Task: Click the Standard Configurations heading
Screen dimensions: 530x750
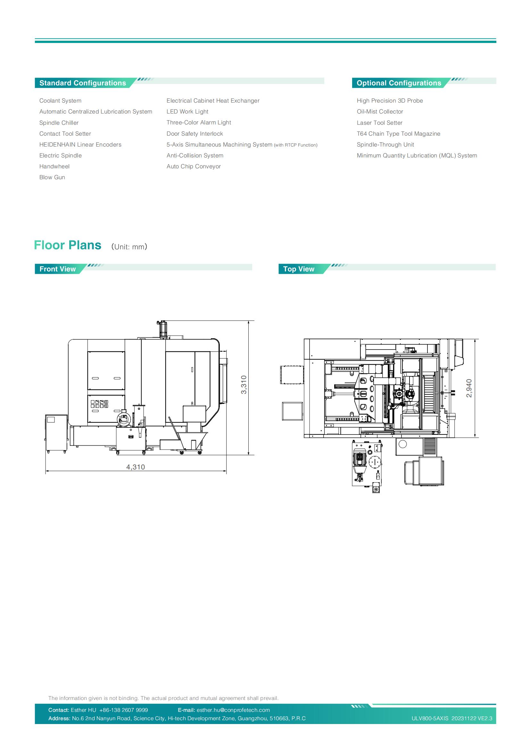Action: click(x=83, y=83)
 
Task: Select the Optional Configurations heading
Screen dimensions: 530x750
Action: click(x=399, y=83)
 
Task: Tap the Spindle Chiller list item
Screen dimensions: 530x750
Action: click(x=59, y=123)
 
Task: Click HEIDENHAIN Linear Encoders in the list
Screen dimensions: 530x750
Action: click(x=80, y=145)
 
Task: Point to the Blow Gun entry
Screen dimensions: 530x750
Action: click(x=52, y=177)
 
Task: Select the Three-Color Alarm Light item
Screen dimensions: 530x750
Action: click(x=199, y=122)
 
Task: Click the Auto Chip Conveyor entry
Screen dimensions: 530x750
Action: click(x=194, y=166)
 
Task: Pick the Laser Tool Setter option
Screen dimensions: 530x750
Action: click(x=379, y=123)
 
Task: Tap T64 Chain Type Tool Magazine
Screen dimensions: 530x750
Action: click(x=399, y=134)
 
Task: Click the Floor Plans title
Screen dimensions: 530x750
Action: click(x=68, y=245)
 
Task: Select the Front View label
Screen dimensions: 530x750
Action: click(x=57, y=269)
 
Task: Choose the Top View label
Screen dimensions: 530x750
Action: click(x=299, y=269)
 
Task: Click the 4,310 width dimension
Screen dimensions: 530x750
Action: click(x=136, y=467)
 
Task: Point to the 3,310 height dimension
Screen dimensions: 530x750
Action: click(x=244, y=384)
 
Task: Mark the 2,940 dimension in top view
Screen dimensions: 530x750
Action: click(x=469, y=388)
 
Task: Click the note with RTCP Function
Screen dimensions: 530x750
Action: click(x=296, y=145)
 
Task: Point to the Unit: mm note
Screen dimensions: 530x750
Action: click(x=129, y=247)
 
